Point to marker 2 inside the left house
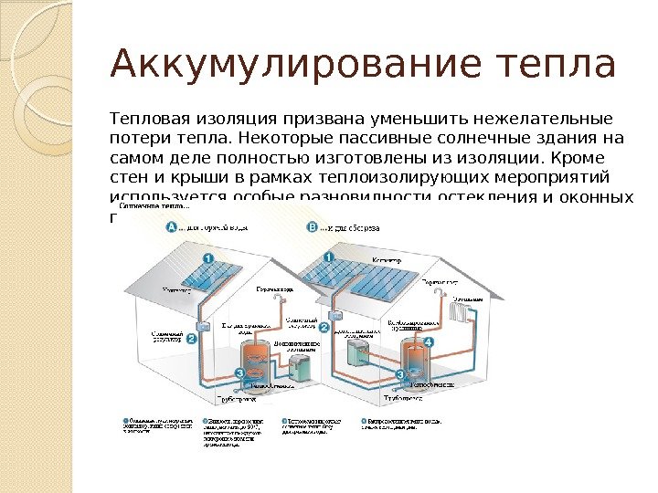[191, 338]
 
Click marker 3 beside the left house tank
[239, 372]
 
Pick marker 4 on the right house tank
[429, 342]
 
